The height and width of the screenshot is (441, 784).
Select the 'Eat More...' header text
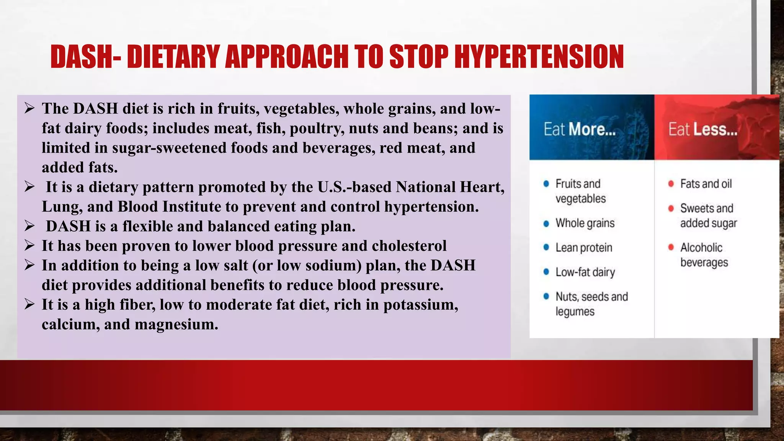580,129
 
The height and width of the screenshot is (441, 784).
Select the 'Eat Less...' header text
703,129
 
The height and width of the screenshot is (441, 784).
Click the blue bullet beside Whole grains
546,224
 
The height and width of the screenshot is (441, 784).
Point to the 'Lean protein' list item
584,248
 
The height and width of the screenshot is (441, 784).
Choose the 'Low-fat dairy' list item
585,272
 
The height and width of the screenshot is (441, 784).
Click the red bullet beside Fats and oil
671,184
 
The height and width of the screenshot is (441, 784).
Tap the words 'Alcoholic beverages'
703,255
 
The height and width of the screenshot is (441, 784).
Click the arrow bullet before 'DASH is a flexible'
29,226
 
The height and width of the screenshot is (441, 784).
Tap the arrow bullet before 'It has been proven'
29,245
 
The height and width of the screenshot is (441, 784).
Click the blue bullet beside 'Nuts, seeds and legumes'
546,297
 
